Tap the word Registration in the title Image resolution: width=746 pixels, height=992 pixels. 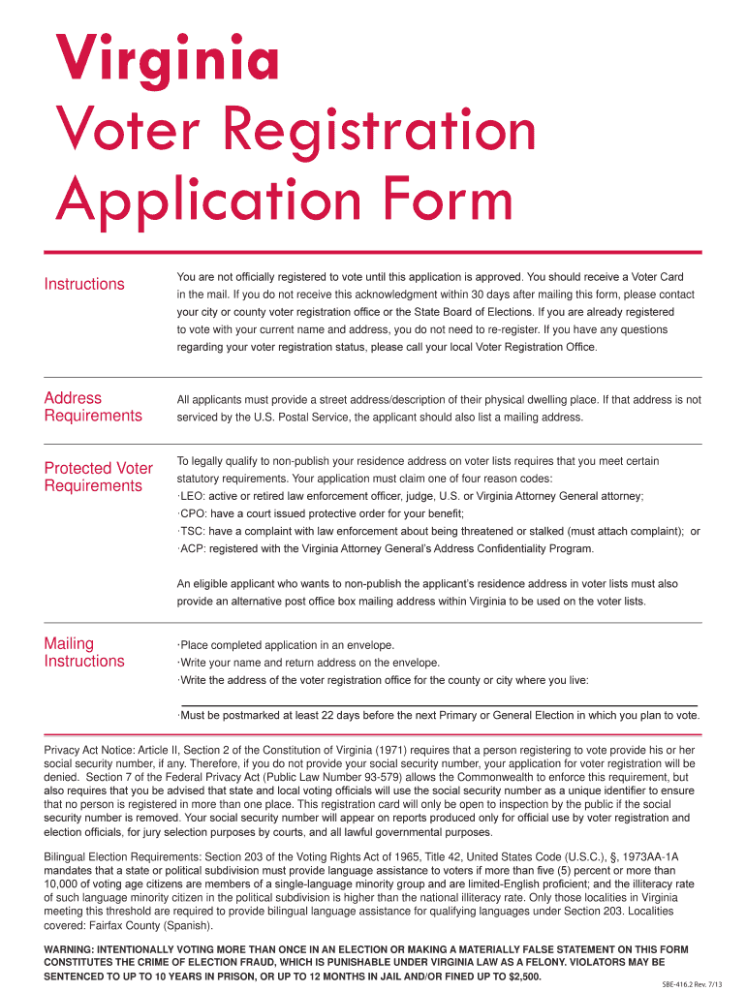click(383, 132)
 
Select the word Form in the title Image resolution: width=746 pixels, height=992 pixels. click(447, 201)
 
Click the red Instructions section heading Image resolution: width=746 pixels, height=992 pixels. click(84, 284)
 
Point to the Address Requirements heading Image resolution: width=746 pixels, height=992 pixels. click(93, 407)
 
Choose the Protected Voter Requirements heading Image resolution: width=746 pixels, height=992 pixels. click(98, 477)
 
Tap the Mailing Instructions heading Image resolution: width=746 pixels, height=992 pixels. click(84, 652)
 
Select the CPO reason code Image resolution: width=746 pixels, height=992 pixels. click(192, 513)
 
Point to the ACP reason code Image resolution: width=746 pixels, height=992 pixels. click(192, 548)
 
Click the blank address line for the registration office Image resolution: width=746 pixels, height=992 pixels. click(438, 703)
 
